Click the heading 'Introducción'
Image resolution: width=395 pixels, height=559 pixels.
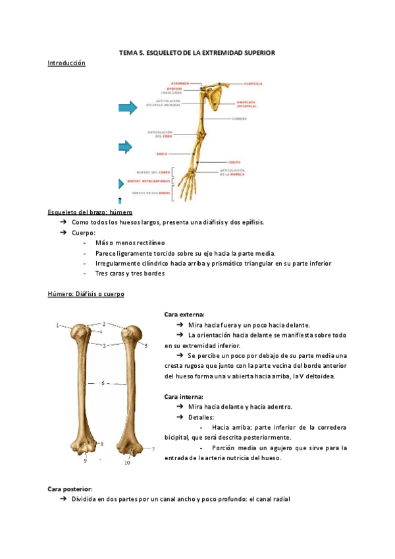(x=66, y=63)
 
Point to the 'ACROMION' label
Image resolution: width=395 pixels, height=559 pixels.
(x=180, y=84)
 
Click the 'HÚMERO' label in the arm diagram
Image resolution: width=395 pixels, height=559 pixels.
(x=240, y=119)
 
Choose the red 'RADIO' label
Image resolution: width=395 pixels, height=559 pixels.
(x=161, y=154)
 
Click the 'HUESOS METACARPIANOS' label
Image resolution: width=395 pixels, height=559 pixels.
(x=149, y=180)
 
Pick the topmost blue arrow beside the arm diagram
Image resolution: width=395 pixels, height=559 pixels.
(x=127, y=107)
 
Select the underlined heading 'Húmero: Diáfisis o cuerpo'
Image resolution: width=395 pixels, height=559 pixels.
(x=86, y=294)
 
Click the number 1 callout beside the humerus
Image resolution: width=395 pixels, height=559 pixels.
(x=57, y=325)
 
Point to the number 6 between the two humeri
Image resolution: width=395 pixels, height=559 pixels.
(x=103, y=383)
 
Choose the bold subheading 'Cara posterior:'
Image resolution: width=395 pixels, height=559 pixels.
(x=70, y=488)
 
